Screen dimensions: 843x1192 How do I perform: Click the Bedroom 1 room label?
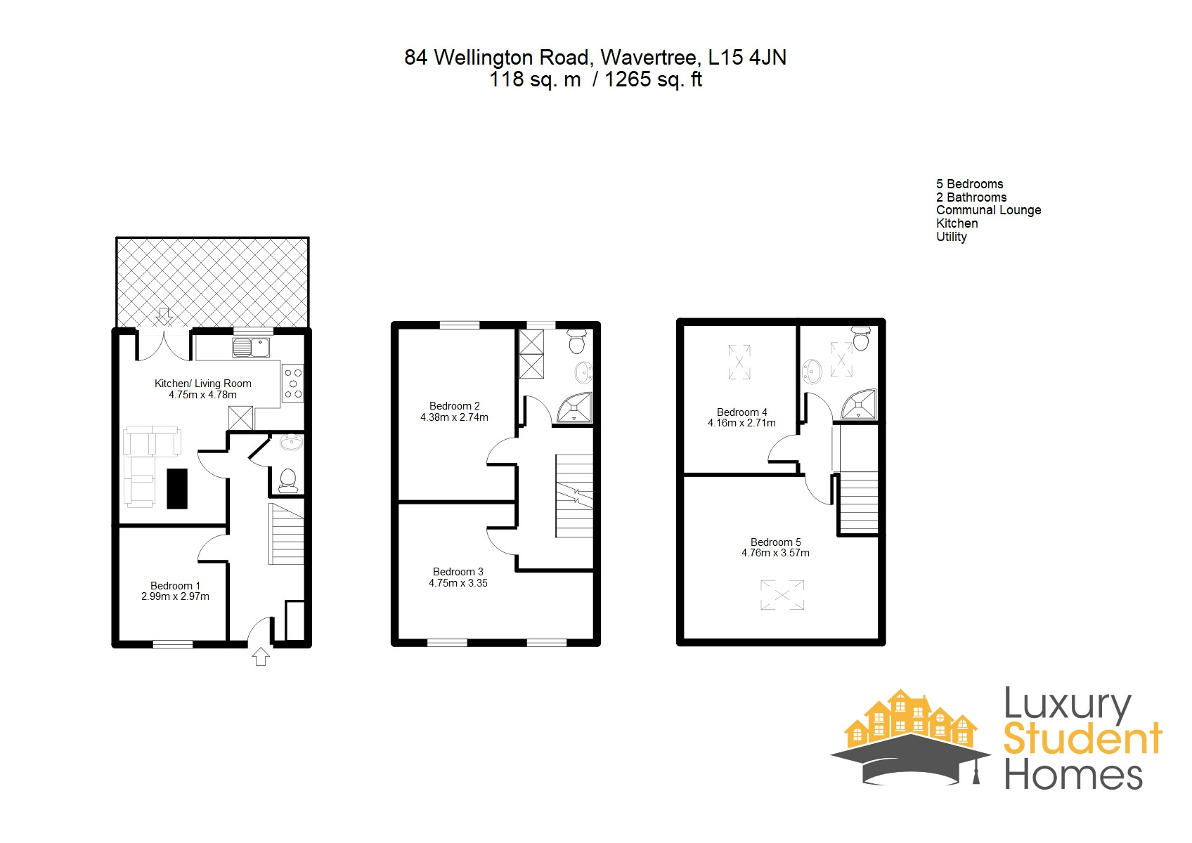coord(175,586)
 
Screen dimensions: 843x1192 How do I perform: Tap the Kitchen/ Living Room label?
coord(202,384)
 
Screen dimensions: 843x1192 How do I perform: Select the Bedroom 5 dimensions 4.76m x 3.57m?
coord(775,554)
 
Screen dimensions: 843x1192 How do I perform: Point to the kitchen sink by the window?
coord(250,347)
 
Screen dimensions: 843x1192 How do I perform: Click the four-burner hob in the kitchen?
coord(293,384)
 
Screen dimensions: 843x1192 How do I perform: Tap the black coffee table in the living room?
coord(177,488)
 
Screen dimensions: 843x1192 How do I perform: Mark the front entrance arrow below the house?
coord(261,656)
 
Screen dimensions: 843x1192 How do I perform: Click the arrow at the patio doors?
coord(164,315)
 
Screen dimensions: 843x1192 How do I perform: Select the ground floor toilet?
coord(287,481)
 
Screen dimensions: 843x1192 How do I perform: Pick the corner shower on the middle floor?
coord(575,408)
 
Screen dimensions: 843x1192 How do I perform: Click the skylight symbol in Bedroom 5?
coord(782,595)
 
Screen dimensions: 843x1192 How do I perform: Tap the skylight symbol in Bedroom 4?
coord(739,362)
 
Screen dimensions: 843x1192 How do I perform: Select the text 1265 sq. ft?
coord(653,79)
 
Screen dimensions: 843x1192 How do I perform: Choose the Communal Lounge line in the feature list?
coord(988,210)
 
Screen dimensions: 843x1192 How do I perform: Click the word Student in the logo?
coord(1082,739)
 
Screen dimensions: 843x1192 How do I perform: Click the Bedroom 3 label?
coord(458,572)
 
